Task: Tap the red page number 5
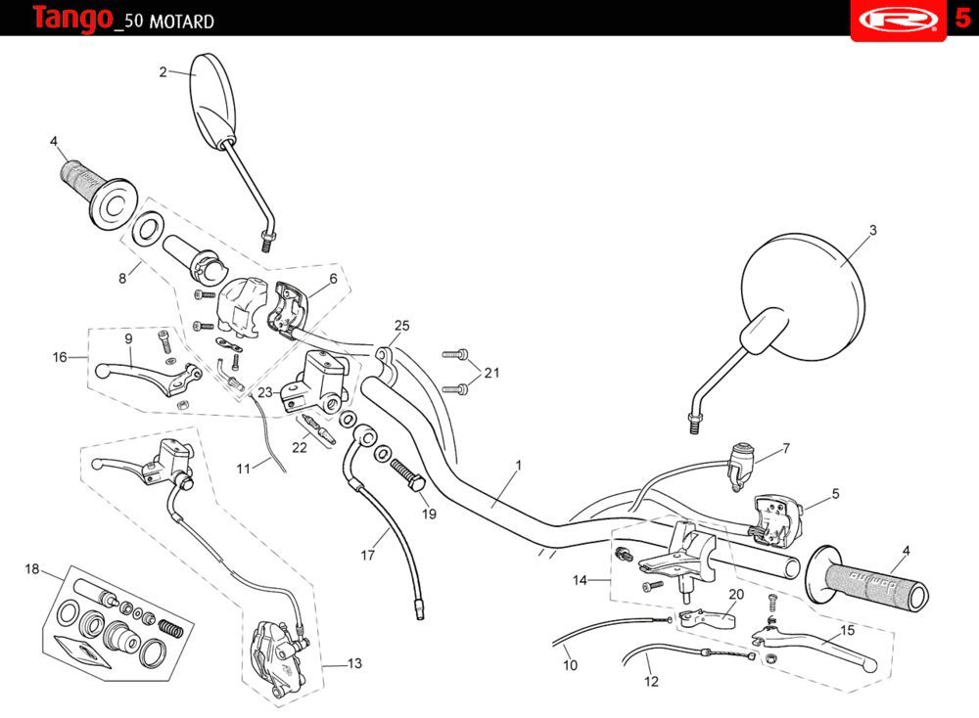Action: tap(962, 19)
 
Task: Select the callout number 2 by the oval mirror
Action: tap(163, 70)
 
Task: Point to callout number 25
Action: tap(401, 326)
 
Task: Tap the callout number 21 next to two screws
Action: tap(491, 373)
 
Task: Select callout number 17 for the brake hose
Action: tap(368, 556)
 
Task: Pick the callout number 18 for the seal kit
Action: tap(32, 568)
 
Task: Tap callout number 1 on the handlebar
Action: tap(518, 465)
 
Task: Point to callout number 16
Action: tap(60, 357)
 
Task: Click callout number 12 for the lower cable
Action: tap(651, 681)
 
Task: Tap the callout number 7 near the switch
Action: tap(785, 448)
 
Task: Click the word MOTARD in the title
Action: tap(182, 22)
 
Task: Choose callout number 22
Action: tap(300, 447)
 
